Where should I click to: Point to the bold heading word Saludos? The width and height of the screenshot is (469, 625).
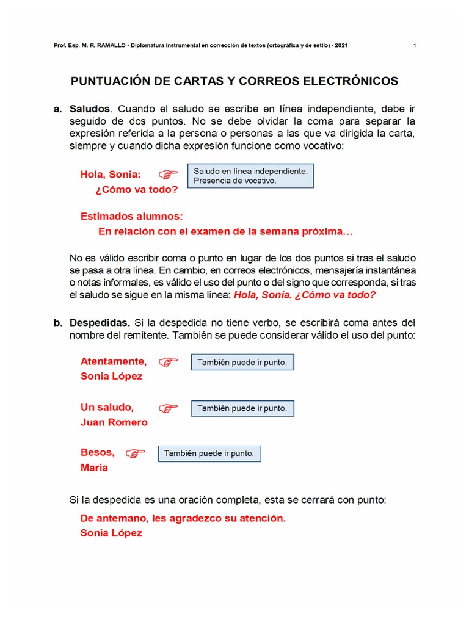(90, 109)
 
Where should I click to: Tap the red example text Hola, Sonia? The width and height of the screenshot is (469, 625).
(111, 175)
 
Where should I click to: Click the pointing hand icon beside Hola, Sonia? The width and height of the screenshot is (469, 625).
(168, 175)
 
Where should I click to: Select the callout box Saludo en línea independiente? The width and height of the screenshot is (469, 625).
(250, 175)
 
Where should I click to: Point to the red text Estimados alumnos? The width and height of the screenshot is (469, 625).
(132, 217)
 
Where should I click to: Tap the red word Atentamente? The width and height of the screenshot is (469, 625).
(114, 361)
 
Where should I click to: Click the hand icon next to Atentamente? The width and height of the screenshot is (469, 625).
(168, 362)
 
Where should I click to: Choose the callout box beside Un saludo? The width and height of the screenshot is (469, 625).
(242, 408)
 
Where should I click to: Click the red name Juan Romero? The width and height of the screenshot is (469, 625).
(114, 422)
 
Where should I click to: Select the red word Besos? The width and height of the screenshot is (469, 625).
(98, 452)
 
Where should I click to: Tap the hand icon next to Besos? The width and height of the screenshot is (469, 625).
(135, 453)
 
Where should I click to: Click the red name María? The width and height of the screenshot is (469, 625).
(94, 468)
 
